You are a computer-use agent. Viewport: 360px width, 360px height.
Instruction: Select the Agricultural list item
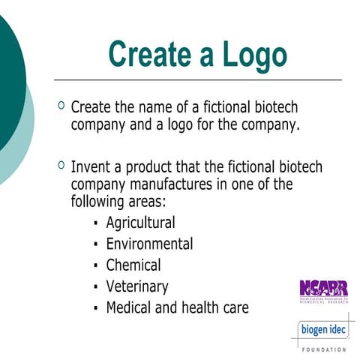[x=140, y=223]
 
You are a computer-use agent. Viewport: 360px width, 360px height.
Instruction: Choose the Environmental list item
[x=149, y=244]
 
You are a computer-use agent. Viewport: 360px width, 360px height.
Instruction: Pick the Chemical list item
[x=133, y=265]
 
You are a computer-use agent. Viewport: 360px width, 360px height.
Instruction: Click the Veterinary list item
[x=136, y=286]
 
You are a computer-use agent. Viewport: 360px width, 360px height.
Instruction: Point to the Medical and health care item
[x=176, y=307]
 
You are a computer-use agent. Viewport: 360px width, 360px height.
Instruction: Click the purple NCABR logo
[x=323, y=288]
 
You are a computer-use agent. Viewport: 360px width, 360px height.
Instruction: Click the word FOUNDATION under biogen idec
[x=324, y=349]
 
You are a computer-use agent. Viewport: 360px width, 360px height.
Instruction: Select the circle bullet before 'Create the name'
[x=61, y=106]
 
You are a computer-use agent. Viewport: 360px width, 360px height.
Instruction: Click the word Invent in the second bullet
[x=89, y=166]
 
